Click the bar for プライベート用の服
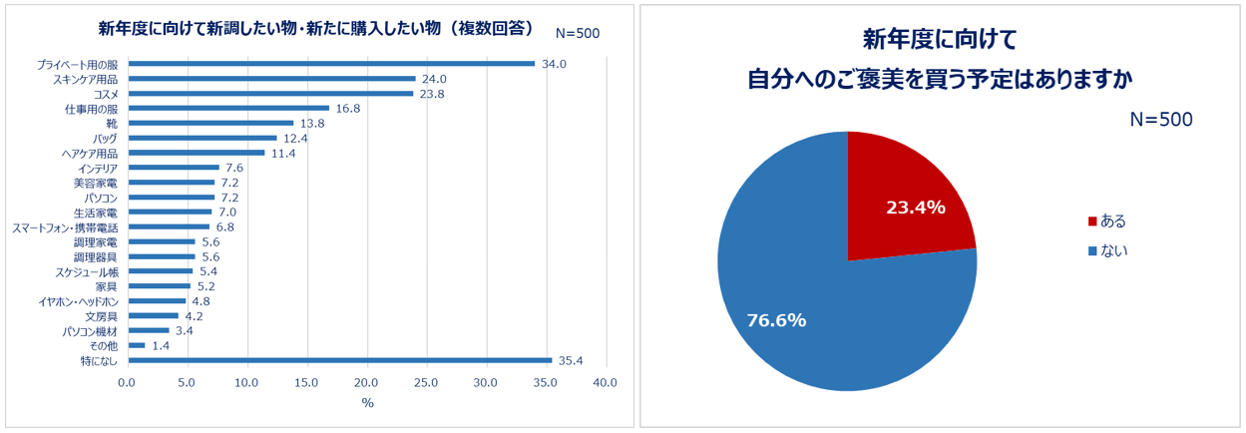329,64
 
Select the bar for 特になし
338,360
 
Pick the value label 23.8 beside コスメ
432,94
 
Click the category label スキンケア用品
85,79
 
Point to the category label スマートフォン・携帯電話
65,226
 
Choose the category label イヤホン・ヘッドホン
79,300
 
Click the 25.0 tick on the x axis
426,383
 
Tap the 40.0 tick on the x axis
605,383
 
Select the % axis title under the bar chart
367,403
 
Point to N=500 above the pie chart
1160,120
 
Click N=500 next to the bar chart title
577,33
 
